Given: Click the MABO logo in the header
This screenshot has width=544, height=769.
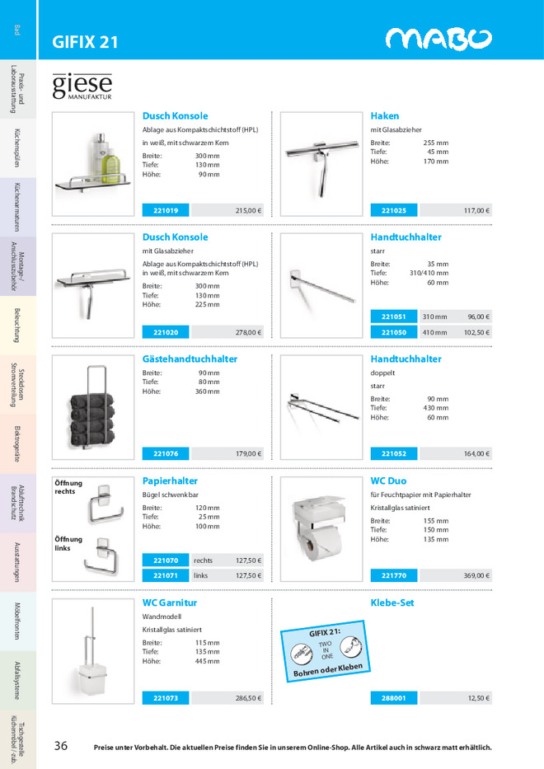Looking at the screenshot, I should pos(438,40).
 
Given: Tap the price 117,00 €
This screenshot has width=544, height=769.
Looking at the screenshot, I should pos(476,210).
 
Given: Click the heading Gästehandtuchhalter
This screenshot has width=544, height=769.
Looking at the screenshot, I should pos(190,359).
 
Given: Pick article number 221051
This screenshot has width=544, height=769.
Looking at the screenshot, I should pos(394,317).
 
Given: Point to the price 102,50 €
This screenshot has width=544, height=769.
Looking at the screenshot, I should pos(476,332).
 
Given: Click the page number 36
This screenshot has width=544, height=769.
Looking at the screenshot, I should pos(61,746).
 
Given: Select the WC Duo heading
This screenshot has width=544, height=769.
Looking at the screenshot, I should pos(388,481).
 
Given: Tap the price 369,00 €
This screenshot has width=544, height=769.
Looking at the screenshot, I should pos(476,575).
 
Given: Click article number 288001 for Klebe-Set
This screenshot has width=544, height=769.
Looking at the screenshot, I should pos(394,697).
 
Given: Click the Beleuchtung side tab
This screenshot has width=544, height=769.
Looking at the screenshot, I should pos(18,325).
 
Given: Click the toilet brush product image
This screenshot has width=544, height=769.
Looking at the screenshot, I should pos(91,651).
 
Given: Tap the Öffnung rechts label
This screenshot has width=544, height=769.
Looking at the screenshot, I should pos(65,487).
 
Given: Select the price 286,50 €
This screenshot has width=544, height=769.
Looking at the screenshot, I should pos(248,697).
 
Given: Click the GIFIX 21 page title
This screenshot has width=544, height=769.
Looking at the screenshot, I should pos(85,41).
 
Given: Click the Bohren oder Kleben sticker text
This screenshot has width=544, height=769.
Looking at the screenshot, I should pos(329,670).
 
